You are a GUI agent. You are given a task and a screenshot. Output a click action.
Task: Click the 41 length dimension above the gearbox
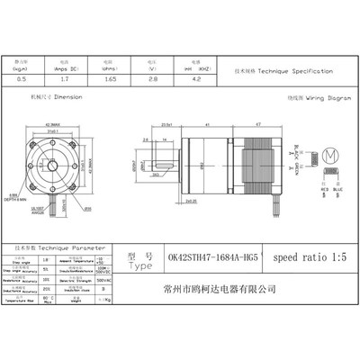click(209, 125)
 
